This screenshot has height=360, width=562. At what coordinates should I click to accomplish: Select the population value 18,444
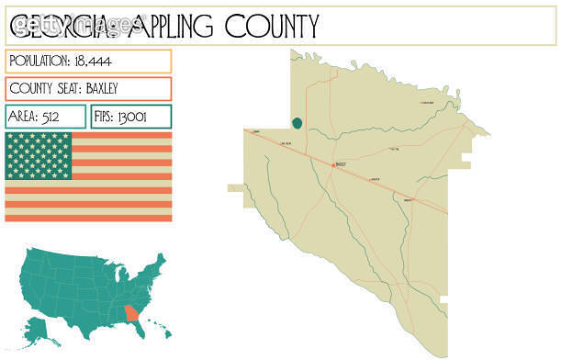(93, 61)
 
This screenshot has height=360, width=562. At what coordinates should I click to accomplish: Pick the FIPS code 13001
(130, 117)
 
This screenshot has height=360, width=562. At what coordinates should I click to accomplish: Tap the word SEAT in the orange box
(67, 89)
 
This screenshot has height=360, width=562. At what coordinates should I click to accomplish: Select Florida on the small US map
(140, 332)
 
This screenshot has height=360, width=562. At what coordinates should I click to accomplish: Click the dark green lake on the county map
(297, 123)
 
